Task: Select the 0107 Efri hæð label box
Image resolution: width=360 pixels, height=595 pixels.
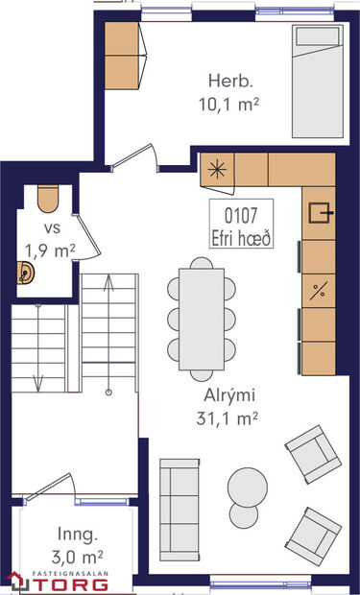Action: [x=242, y=224]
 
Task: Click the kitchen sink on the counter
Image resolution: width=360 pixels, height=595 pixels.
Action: [x=319, y=210]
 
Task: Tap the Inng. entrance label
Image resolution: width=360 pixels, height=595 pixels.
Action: [x=77, y=534]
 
